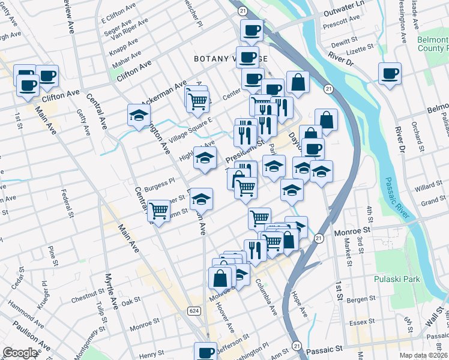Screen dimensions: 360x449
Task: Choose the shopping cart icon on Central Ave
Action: click(x=158, y=211)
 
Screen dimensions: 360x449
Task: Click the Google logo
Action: click(x=20, y=352)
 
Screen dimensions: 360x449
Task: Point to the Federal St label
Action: click(x=67, y=203)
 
